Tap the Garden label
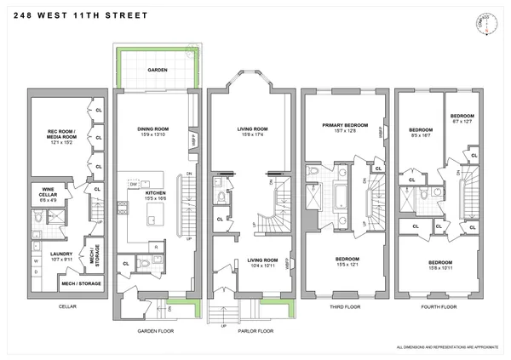pos(157,70)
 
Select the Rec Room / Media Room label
pos(54,134)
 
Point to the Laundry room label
pos(61,253)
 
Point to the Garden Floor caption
pos(156,330)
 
